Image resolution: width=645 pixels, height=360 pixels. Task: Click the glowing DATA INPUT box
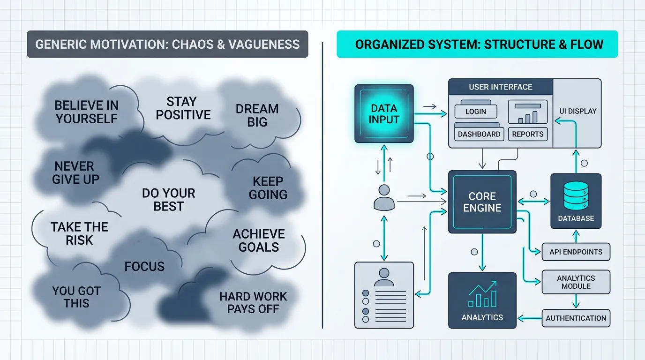click(x=384, y=114)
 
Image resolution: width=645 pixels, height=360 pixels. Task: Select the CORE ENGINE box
click(x=482, y=202)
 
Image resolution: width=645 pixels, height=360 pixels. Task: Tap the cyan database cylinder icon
click(x=576, y=195)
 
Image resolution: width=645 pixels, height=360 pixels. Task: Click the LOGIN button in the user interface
click(x=476, y=112)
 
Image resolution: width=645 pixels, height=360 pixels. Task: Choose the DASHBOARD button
click(x=479, y=134)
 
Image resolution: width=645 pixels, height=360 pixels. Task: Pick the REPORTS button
click(x=528, y=134)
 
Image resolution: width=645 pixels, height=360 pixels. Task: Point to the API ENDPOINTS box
click(x=576, y=252)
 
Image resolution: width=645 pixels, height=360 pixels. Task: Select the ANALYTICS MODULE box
click(x=576, y=282)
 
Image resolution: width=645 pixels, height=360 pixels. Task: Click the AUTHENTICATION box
click(x=576, y=318)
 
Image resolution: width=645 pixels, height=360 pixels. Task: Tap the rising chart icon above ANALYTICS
click(x=483, y=294)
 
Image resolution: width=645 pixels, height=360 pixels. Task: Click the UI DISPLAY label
click(x=577, y=111)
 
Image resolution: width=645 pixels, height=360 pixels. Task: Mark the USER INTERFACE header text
click(x=501, y=87)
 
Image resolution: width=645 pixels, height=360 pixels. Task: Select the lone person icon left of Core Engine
click(x=384, y=197)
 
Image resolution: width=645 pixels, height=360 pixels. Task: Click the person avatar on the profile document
click(x=384, y=277)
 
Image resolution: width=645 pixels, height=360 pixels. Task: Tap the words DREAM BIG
click(x=257, y=115)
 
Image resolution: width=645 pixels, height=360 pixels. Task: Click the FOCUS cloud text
click(x=144, y=266)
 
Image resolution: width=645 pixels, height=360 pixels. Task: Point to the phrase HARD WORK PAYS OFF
click(x=253, y=303)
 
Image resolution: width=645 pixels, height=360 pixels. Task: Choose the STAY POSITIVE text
click(x=183, y=108)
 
